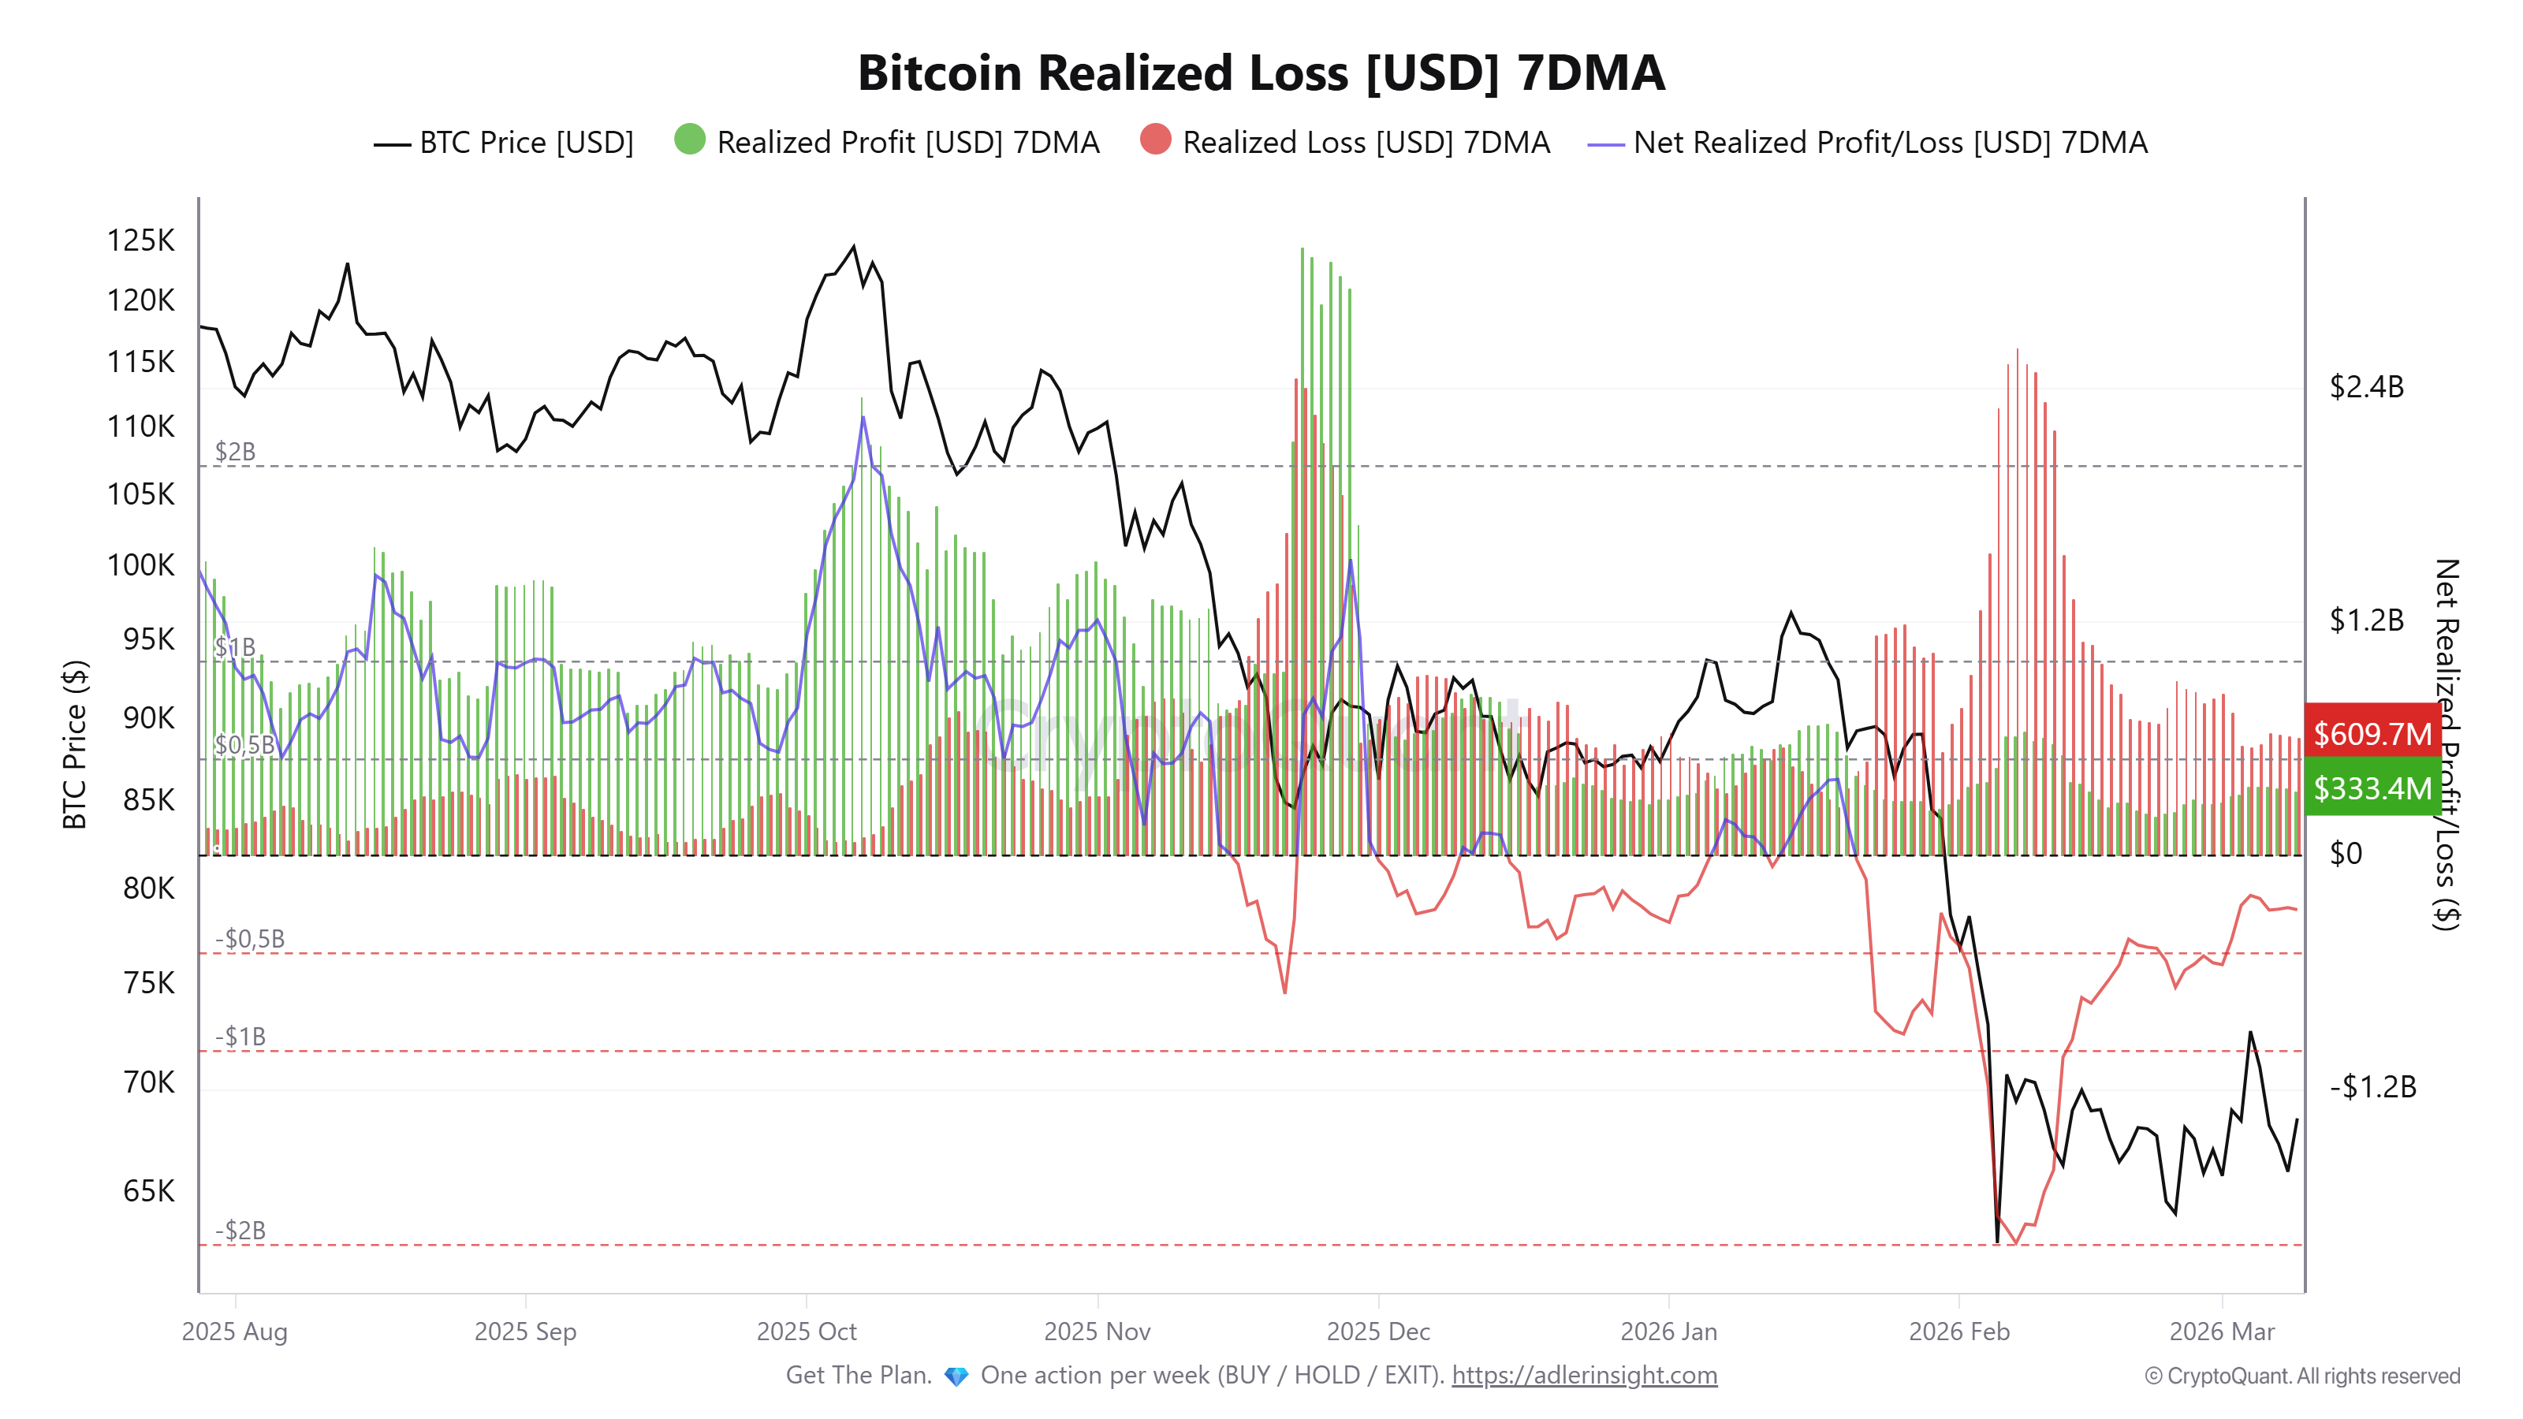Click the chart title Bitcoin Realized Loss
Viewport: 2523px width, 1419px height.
[x=1261, y=73]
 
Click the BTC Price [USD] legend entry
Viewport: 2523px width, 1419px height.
[x=505, y=143]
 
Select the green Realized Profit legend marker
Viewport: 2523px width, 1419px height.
[x=690, y=140]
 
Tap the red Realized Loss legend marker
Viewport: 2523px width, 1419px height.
[x=1155, y=140]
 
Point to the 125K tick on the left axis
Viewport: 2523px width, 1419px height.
[x=140, y=240]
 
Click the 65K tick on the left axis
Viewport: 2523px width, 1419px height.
[x=148, y=1191]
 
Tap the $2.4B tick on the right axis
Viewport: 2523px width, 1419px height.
[x=2365, y=387]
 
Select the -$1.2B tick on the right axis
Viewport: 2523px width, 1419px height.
[x=2371, y=1086]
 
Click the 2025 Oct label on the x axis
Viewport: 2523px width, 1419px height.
[x=806, y=1331]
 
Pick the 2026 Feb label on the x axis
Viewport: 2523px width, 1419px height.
[x=1958, y=1331]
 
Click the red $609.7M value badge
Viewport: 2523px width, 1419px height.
[x=2371, y=732]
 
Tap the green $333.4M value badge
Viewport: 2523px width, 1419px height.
[x=2371, y=788]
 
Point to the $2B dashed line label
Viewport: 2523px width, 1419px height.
[x=235, y=452]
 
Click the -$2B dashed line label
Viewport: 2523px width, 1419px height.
[x=240, y=1230]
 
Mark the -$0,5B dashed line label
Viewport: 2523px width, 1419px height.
[x=250, y=938]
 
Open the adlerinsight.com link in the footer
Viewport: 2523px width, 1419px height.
[x=1584, y=1375]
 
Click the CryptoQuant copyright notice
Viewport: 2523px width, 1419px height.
[x=2301, y=1376]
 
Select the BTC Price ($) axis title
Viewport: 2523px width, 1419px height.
[x=74, y=744]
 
